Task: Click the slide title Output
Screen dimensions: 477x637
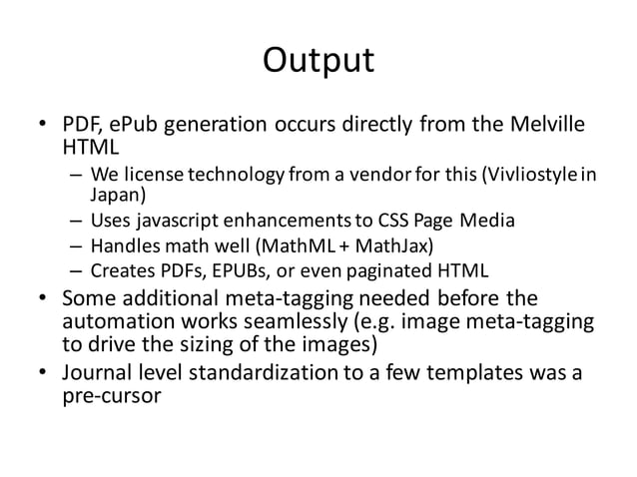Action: point(318,61)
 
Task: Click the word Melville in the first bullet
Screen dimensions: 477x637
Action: point(544,126)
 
